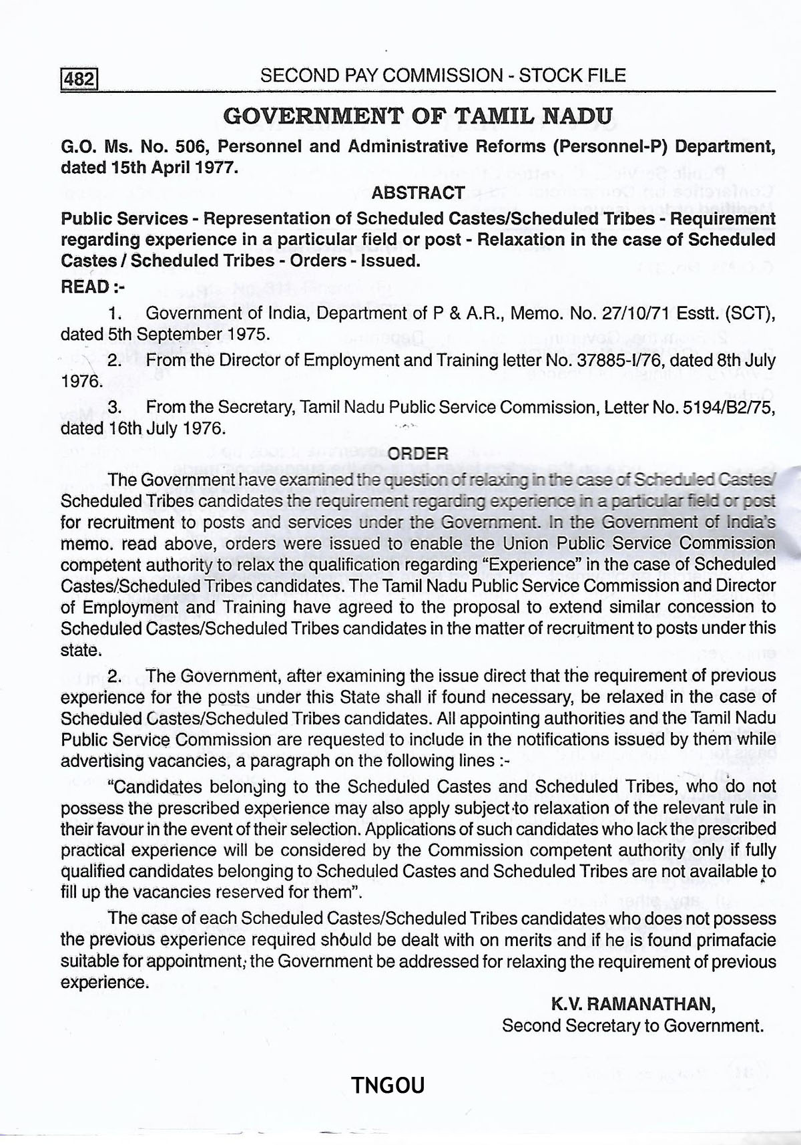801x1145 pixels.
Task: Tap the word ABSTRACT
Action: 418,193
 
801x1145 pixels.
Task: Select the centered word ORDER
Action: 418,454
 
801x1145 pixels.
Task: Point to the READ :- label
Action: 93,287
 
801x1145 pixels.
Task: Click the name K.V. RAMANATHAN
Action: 633,1003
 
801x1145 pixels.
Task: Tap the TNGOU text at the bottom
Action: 388,1085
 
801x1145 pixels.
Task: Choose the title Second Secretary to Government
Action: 632,1025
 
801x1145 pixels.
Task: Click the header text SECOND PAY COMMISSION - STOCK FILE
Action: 443,75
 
